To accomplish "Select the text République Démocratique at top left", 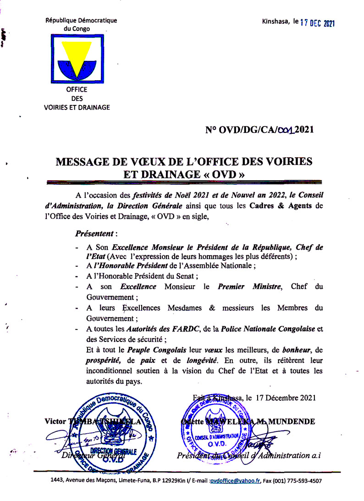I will (x=81, y=20).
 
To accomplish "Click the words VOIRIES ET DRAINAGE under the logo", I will (x=77, y=107).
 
